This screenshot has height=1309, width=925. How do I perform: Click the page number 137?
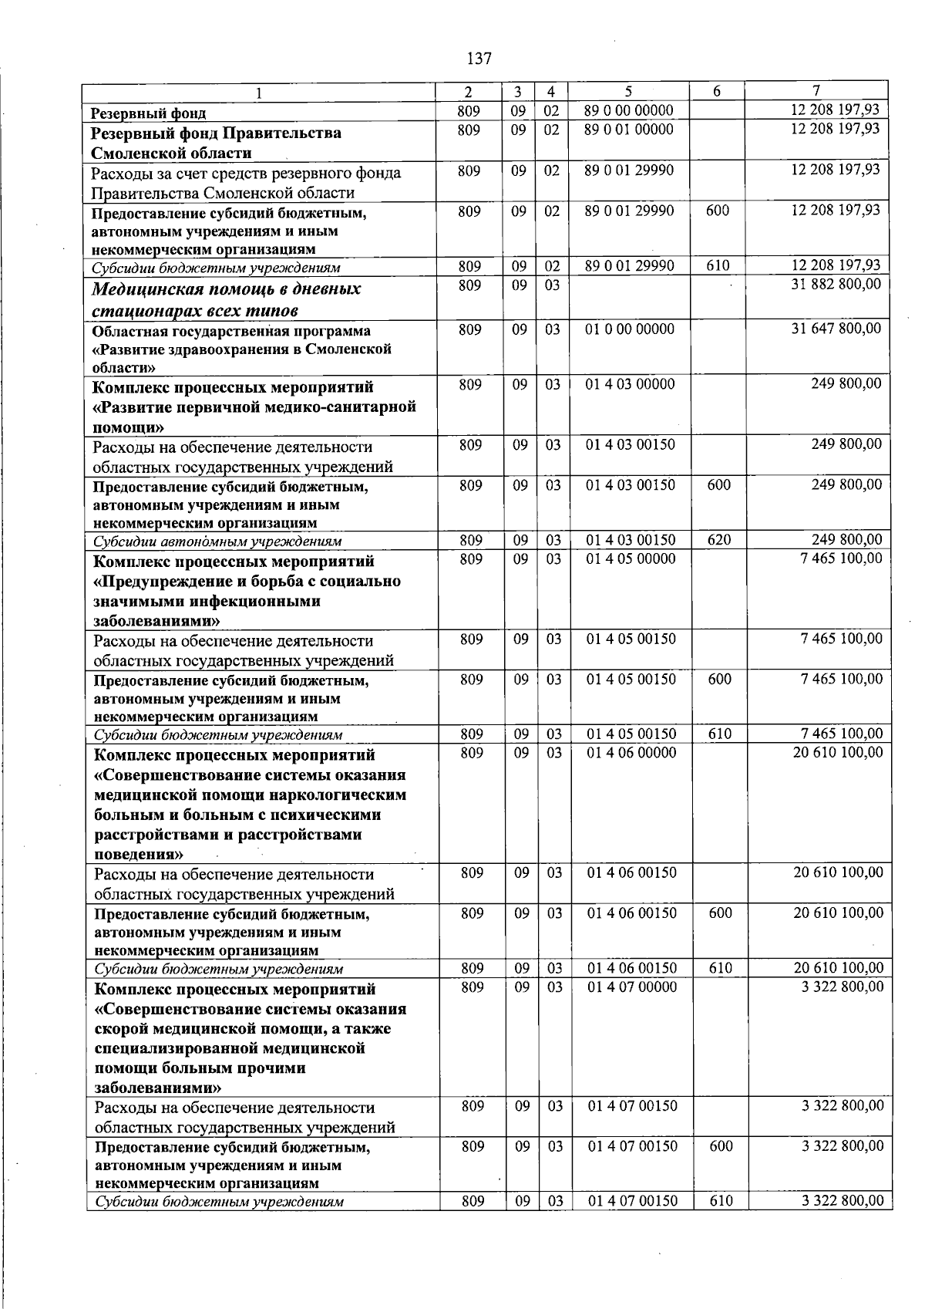coord(479,59)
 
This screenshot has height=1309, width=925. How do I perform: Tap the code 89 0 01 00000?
coord(629,130)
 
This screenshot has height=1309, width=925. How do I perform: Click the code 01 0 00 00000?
coord(630,329)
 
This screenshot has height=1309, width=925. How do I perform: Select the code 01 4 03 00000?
coord(631,384)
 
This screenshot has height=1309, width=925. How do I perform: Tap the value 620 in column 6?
coord(718,540)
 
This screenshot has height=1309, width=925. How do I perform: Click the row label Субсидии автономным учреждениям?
coord(217,541)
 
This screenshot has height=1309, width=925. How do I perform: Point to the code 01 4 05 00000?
coord(631,558)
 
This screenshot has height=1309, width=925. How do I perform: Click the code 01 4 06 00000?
coord(631,752)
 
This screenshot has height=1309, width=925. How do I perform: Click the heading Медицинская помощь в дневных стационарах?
coord(226,299)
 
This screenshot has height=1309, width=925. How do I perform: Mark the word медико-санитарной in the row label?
coord(344,407)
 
